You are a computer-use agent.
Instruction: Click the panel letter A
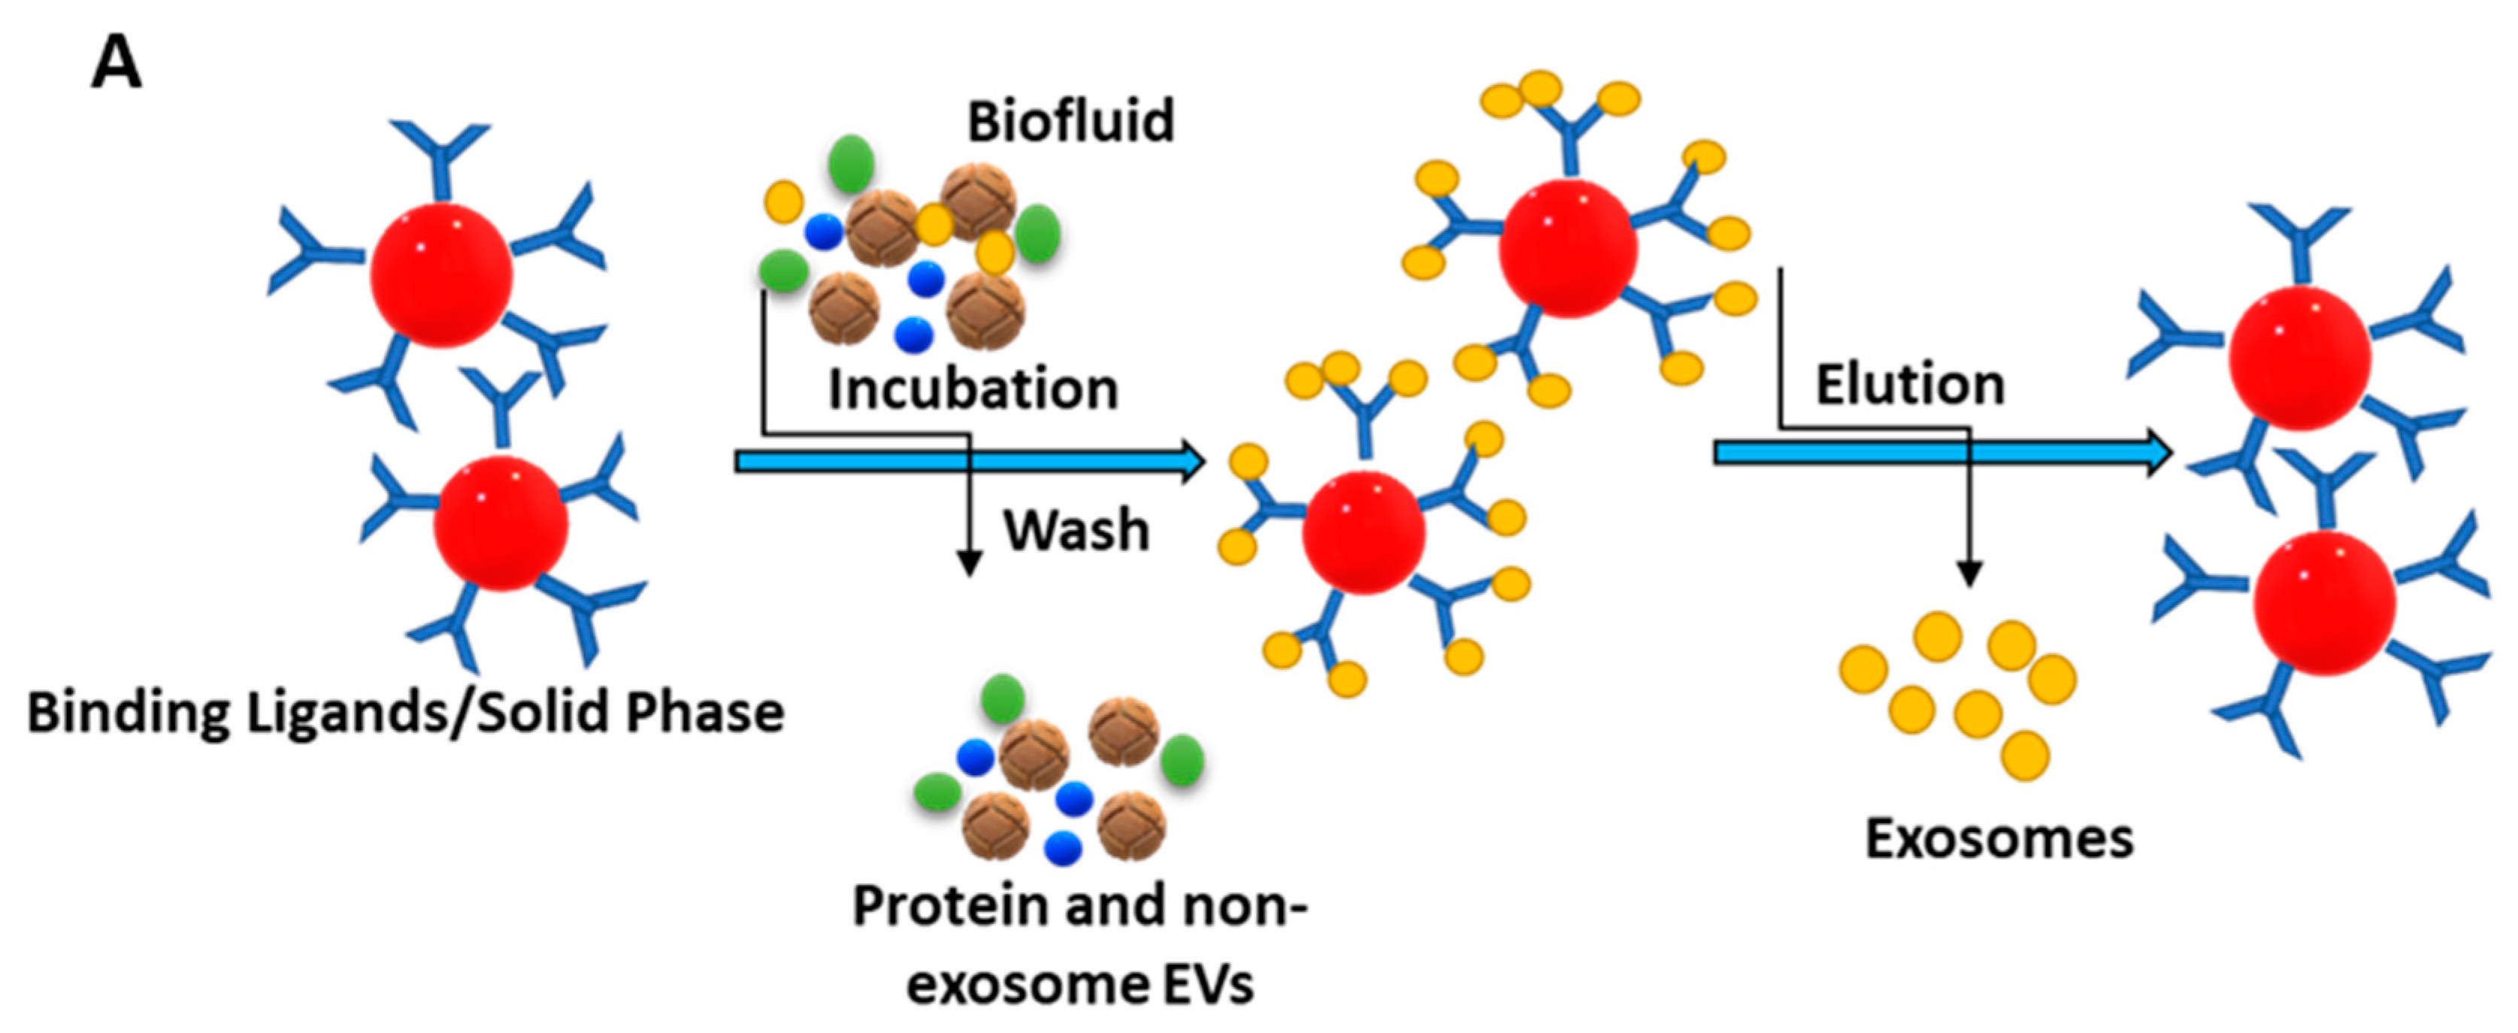click(117, 65)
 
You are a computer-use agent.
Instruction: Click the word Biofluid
click(1070, 122)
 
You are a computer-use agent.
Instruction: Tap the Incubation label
click(973, 389)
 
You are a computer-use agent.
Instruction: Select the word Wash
click(1076, 531)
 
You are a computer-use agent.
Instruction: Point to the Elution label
click(1910, 384)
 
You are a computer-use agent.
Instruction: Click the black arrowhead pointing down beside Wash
click(969, 564)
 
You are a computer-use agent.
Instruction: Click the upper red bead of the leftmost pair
click(441, 274)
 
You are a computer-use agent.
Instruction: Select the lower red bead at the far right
click(2325, 603)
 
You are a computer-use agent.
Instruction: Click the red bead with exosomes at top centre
click(1568, 247)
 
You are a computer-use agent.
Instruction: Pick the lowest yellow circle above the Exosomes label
click(2026, 756)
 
